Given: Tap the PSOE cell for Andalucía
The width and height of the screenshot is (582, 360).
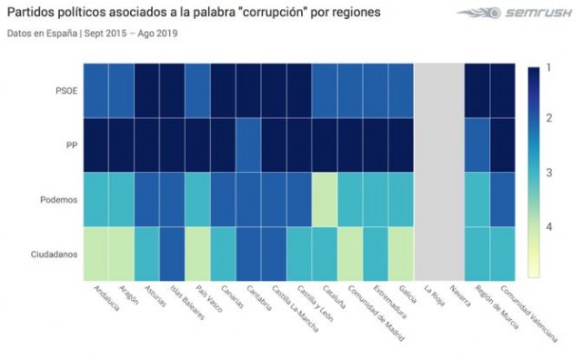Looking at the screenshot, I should coord(99,91).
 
